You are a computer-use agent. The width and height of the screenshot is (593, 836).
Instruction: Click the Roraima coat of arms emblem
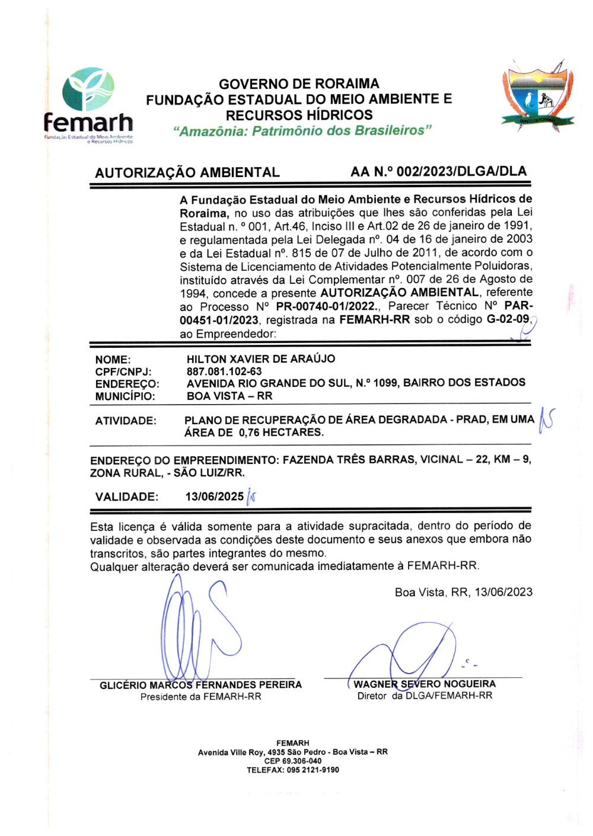[x=537, y=95]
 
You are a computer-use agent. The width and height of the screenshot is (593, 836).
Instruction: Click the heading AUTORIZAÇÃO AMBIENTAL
[x=187, y=172]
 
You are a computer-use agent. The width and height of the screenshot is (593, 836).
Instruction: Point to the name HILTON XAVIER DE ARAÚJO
[x=261, y=359]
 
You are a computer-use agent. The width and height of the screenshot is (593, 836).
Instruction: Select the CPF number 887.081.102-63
[x=224, y=371]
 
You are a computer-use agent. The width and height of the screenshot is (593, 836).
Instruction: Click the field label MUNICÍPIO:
[x=125, y=396]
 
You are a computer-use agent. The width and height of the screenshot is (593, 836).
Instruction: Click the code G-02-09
[x=508, y=319]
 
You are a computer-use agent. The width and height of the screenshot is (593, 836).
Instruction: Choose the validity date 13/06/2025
[x=215, y=497]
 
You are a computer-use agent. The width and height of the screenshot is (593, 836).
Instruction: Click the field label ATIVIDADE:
[x=126, y=421]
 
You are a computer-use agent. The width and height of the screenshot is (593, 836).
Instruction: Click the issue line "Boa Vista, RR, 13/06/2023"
[x=463, y=592]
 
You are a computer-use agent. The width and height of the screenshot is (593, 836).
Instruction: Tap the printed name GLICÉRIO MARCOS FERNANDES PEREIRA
[x=200, y=685]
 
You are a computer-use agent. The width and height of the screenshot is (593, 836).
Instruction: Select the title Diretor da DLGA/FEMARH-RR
[x=425, y=696]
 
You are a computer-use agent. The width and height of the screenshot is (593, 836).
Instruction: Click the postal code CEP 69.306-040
[x=293, y=761]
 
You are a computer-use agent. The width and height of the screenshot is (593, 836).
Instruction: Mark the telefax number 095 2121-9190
[x=313, y=770]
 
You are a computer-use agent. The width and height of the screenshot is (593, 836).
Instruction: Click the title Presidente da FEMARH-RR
[x=200, y=697]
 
